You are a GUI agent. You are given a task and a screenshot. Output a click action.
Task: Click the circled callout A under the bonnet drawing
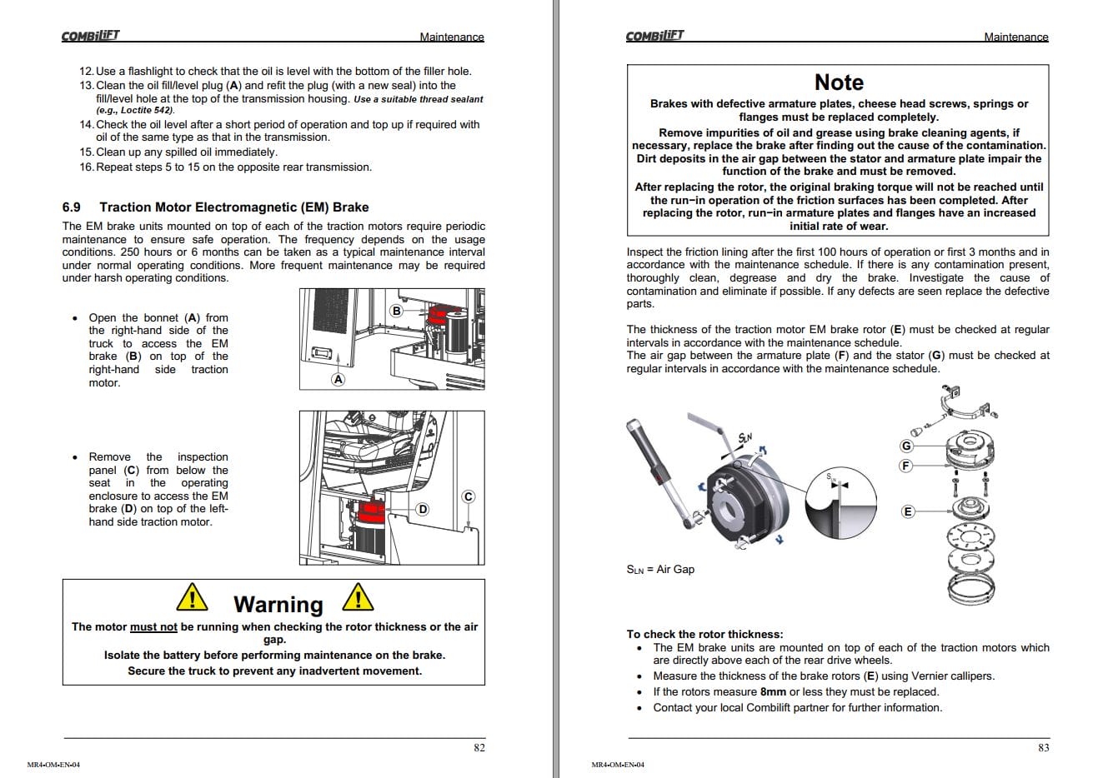[338, 379]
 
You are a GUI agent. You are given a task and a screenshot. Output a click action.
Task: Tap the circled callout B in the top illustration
[396, 311]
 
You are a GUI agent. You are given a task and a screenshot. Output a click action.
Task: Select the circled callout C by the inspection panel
[468, 496]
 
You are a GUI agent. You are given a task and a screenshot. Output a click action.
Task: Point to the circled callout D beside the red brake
[423, 509]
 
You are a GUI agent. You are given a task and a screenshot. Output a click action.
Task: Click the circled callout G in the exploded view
[907, 446]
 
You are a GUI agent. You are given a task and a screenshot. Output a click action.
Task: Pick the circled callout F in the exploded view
[906, 466]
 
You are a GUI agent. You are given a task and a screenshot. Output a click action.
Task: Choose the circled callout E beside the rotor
[908, 511]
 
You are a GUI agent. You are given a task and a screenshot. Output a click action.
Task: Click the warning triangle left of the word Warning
[193, 598]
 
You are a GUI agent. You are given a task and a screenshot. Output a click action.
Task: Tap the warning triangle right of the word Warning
[358, 598]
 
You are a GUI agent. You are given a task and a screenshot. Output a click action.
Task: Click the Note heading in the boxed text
[839, 82]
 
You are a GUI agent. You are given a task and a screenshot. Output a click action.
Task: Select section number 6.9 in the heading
[72, 207]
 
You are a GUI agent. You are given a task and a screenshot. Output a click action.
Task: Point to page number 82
[479, 747]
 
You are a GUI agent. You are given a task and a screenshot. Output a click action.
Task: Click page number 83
[1043, 747]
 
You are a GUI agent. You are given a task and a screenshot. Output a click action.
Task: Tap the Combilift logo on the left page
[90, 35]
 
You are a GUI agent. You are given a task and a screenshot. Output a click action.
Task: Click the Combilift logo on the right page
[654, 35]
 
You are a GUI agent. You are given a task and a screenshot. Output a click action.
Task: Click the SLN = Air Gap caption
[660, 570]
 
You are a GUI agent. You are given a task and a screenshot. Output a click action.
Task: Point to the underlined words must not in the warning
[153, 627]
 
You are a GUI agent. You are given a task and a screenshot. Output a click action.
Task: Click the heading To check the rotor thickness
[704, 634]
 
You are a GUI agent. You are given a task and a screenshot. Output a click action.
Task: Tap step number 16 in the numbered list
[86, 167]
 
